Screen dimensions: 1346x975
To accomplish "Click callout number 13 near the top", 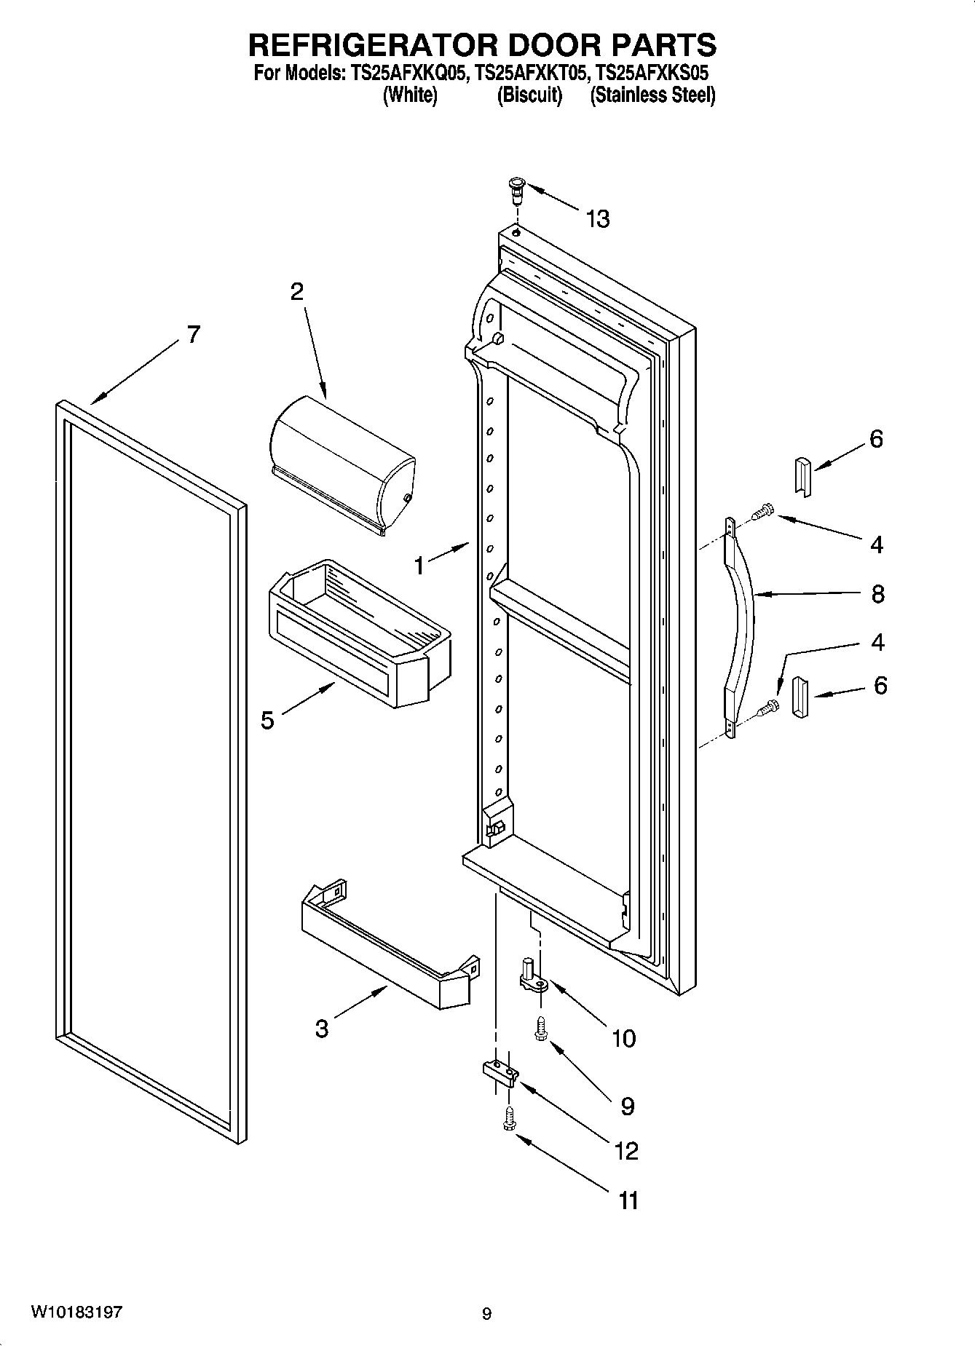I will [x=598, y=218].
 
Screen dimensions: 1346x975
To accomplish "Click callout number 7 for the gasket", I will [x=192, y=334].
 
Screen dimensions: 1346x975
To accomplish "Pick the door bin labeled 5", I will [x=360, y=633].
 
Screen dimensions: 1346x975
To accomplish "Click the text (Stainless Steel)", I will [x=652, y=95].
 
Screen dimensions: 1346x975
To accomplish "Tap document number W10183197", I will [x=76, y=1313].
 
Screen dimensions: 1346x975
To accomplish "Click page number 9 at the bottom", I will [x=486, y=1314].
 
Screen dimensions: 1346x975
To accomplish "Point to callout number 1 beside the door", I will [x=419, y=565].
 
